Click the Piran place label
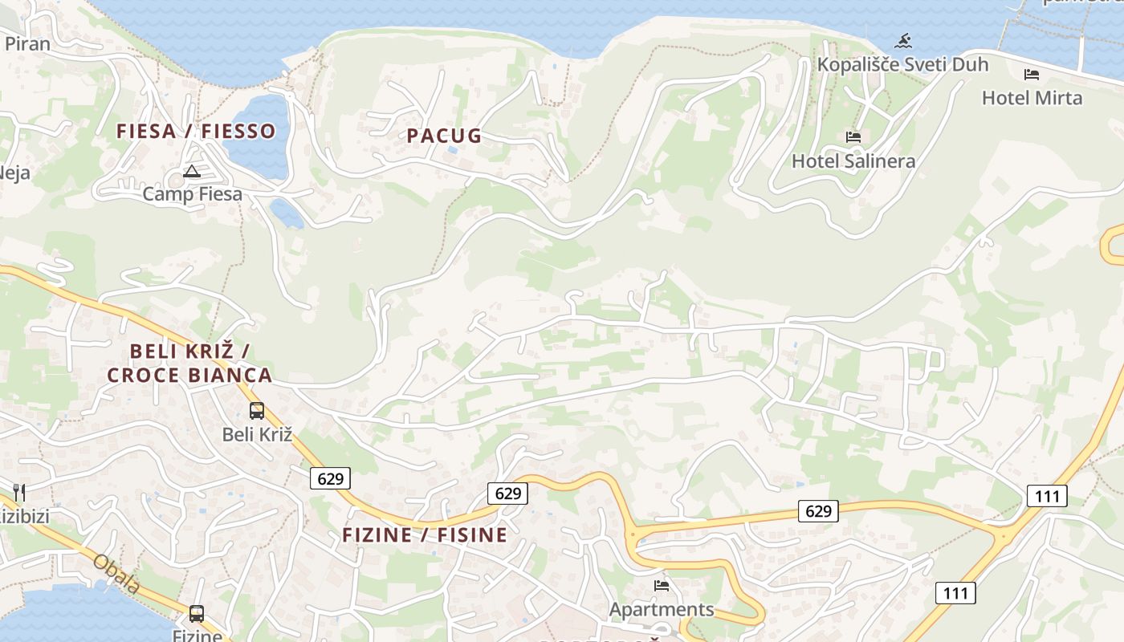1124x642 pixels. [27, 43]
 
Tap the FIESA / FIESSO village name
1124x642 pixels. [196, 131]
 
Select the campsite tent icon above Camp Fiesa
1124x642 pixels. [191, 171]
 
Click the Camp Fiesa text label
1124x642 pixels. [192, 193]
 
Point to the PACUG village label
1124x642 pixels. [444, 136]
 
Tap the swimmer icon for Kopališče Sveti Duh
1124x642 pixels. [903, 41]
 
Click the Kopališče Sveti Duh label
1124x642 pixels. [902, 64]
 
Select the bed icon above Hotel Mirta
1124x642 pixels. [1032, 75]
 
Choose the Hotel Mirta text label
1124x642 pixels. [1032, 98]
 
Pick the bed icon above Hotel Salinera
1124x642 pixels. [853, 137]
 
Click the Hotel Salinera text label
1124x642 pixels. [853, 160]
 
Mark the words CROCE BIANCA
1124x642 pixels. [189, 375]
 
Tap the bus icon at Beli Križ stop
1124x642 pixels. [257, 411]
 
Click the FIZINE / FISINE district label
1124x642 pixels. [425, 534]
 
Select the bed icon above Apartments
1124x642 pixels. [662, 586]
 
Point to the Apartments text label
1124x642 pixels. [662, 609]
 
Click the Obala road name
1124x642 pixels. [116, 574]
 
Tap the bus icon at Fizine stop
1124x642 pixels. [197, 614]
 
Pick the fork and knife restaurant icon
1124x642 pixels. [19, 492]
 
